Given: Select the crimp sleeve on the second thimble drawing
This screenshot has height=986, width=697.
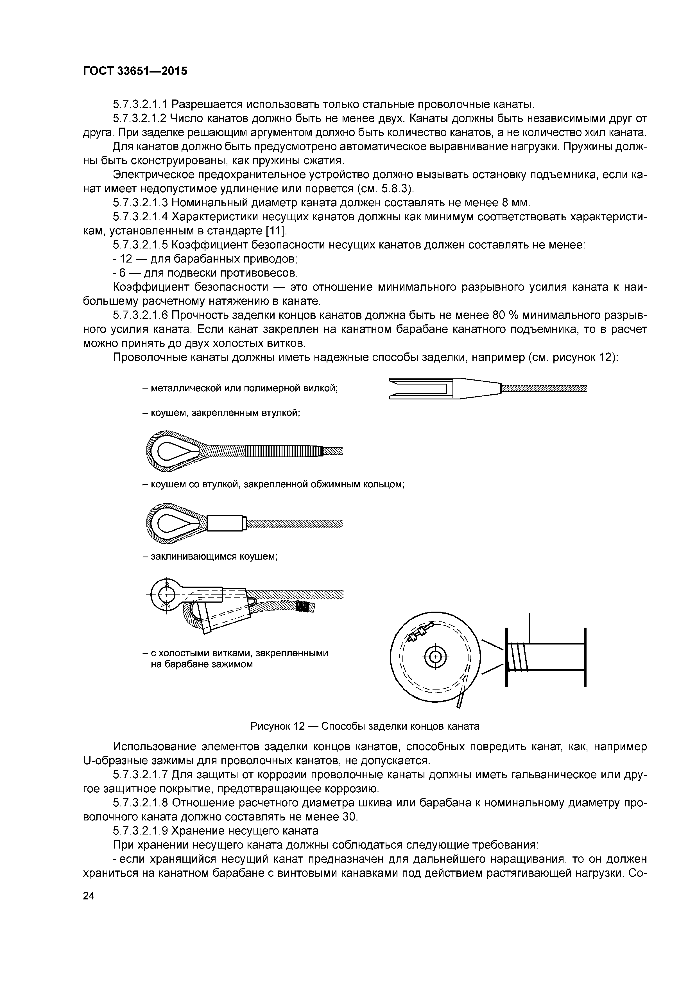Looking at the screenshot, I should (x=226, y=523).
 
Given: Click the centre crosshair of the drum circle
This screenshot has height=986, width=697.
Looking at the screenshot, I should (x=435, y=657).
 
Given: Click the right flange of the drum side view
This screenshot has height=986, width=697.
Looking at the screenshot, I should (x=585, y=657).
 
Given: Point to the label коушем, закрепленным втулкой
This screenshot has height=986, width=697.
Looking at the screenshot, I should (x=221, y=413).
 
